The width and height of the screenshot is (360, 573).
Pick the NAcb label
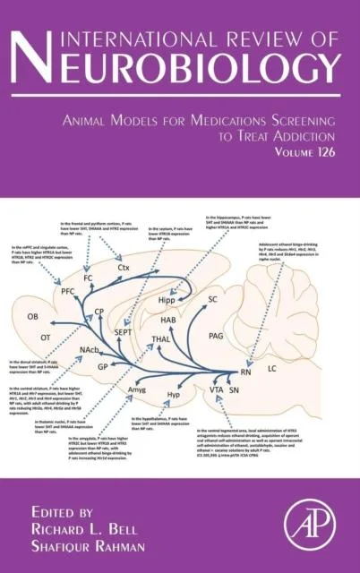90,348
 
